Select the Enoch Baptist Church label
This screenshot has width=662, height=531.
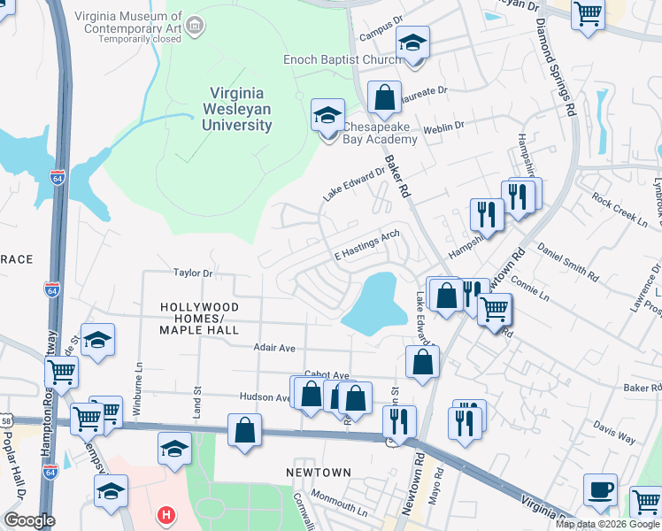click(342, 59)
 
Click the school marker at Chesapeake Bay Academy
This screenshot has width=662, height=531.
click(327, 116)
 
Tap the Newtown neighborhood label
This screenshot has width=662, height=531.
click(319, 473)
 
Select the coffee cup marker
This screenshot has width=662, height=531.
click(600, 490)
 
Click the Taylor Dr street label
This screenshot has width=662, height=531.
click(194, 273)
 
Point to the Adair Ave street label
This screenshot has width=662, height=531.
click(274, 349)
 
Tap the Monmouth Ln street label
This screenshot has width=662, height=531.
click(338, 509)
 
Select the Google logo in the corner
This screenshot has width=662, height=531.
click(28, 519)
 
